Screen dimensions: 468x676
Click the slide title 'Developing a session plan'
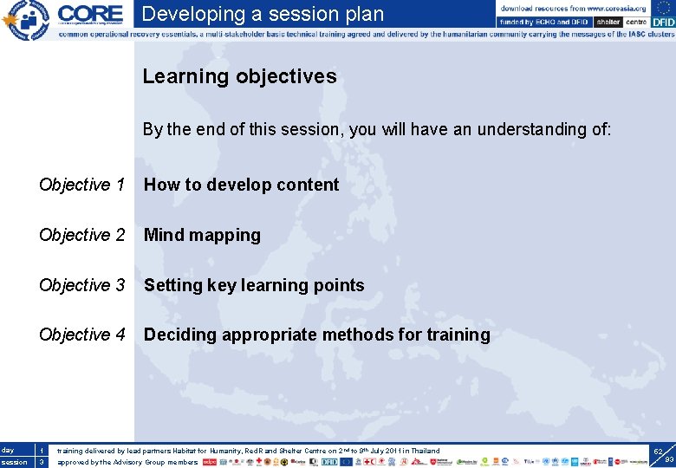[x=263, y=14]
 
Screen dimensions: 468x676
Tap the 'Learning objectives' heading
[x=239, y=76]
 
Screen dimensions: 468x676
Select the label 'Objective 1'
[x=82, y=185]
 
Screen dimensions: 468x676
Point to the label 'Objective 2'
[x=82, y=235]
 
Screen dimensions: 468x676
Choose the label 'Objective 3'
[x=82, y=285]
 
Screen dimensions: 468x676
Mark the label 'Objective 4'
[x=82, y=335]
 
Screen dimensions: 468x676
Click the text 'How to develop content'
[x=241, y=185]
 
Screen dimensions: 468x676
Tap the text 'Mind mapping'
[x=202, y=235]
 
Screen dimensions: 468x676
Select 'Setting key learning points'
[x=254, y=285]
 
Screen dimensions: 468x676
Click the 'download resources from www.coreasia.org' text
[x=573, y=8]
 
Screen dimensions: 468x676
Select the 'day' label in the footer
[x=9, y=451]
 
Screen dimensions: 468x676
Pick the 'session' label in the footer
[x=14, y=462]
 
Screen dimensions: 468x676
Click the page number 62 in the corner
[x=658, y=452]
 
